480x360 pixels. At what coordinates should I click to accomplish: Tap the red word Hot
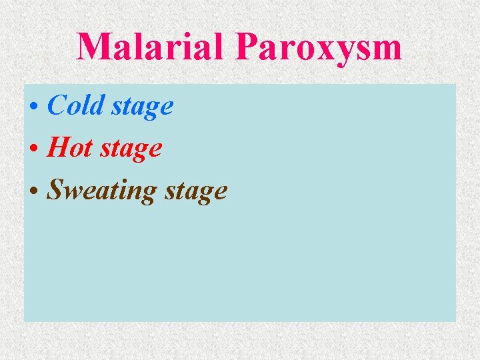tap(69, 148)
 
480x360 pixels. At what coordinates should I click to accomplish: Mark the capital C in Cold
tap(56, 105)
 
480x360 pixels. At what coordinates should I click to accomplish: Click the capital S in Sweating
tap(55, 191)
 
